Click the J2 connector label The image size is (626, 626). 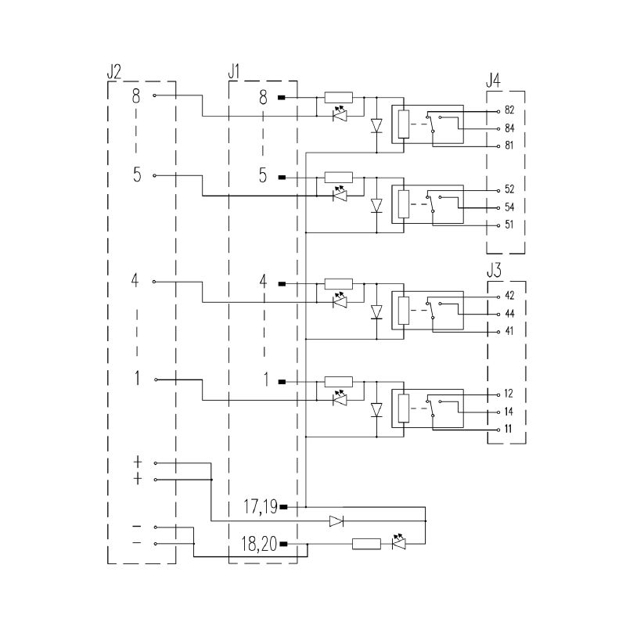(x=113, y=72)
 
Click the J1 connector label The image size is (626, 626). (x=234, y=72)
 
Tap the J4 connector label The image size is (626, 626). (x=493, y=81)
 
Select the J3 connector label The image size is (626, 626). (x=494, y=270)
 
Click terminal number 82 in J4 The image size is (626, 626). (x=509, y=110)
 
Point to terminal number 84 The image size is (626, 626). (x=509, y=128)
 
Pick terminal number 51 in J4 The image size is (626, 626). (x=509, y=225)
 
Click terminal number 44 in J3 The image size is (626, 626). (x=509, y=314)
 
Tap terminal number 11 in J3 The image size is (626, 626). (x=508, y=429)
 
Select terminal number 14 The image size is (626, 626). (x=509, y=412)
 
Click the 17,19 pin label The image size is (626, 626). (x=261, y=506)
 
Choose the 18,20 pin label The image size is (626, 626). (x=259, y=544)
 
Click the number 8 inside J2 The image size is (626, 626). (x=136, y=95)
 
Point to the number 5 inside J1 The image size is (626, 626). (x=263, y=175)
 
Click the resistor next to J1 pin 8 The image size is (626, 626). (x=339, y=97)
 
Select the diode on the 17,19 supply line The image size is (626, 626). (x=336, y=521)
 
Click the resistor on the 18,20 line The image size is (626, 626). (x=366, y=544)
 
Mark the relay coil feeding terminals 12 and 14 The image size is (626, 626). (x=404, y=408)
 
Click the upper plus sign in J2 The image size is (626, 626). (x=138, y=462)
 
